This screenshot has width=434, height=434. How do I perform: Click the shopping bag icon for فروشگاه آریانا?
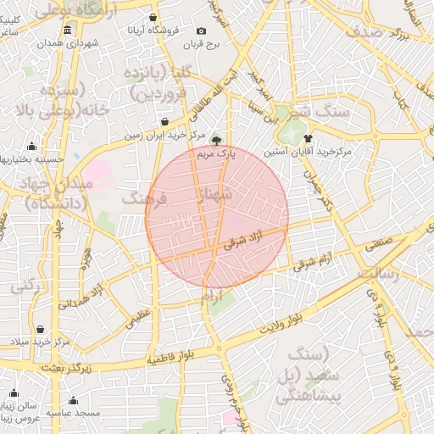152,17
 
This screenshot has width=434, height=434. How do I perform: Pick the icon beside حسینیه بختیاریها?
32,146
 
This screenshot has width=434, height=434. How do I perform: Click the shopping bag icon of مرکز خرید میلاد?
41,329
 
